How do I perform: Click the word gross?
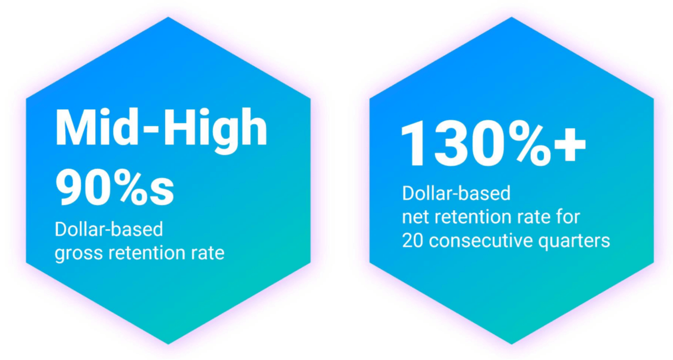click(78, 254)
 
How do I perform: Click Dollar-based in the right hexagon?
click(456, 193)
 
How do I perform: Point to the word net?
click(416, 217)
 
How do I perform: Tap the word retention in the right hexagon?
click(473, 217)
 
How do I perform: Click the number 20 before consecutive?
click(413, 241)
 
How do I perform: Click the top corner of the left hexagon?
click(168, 18)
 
